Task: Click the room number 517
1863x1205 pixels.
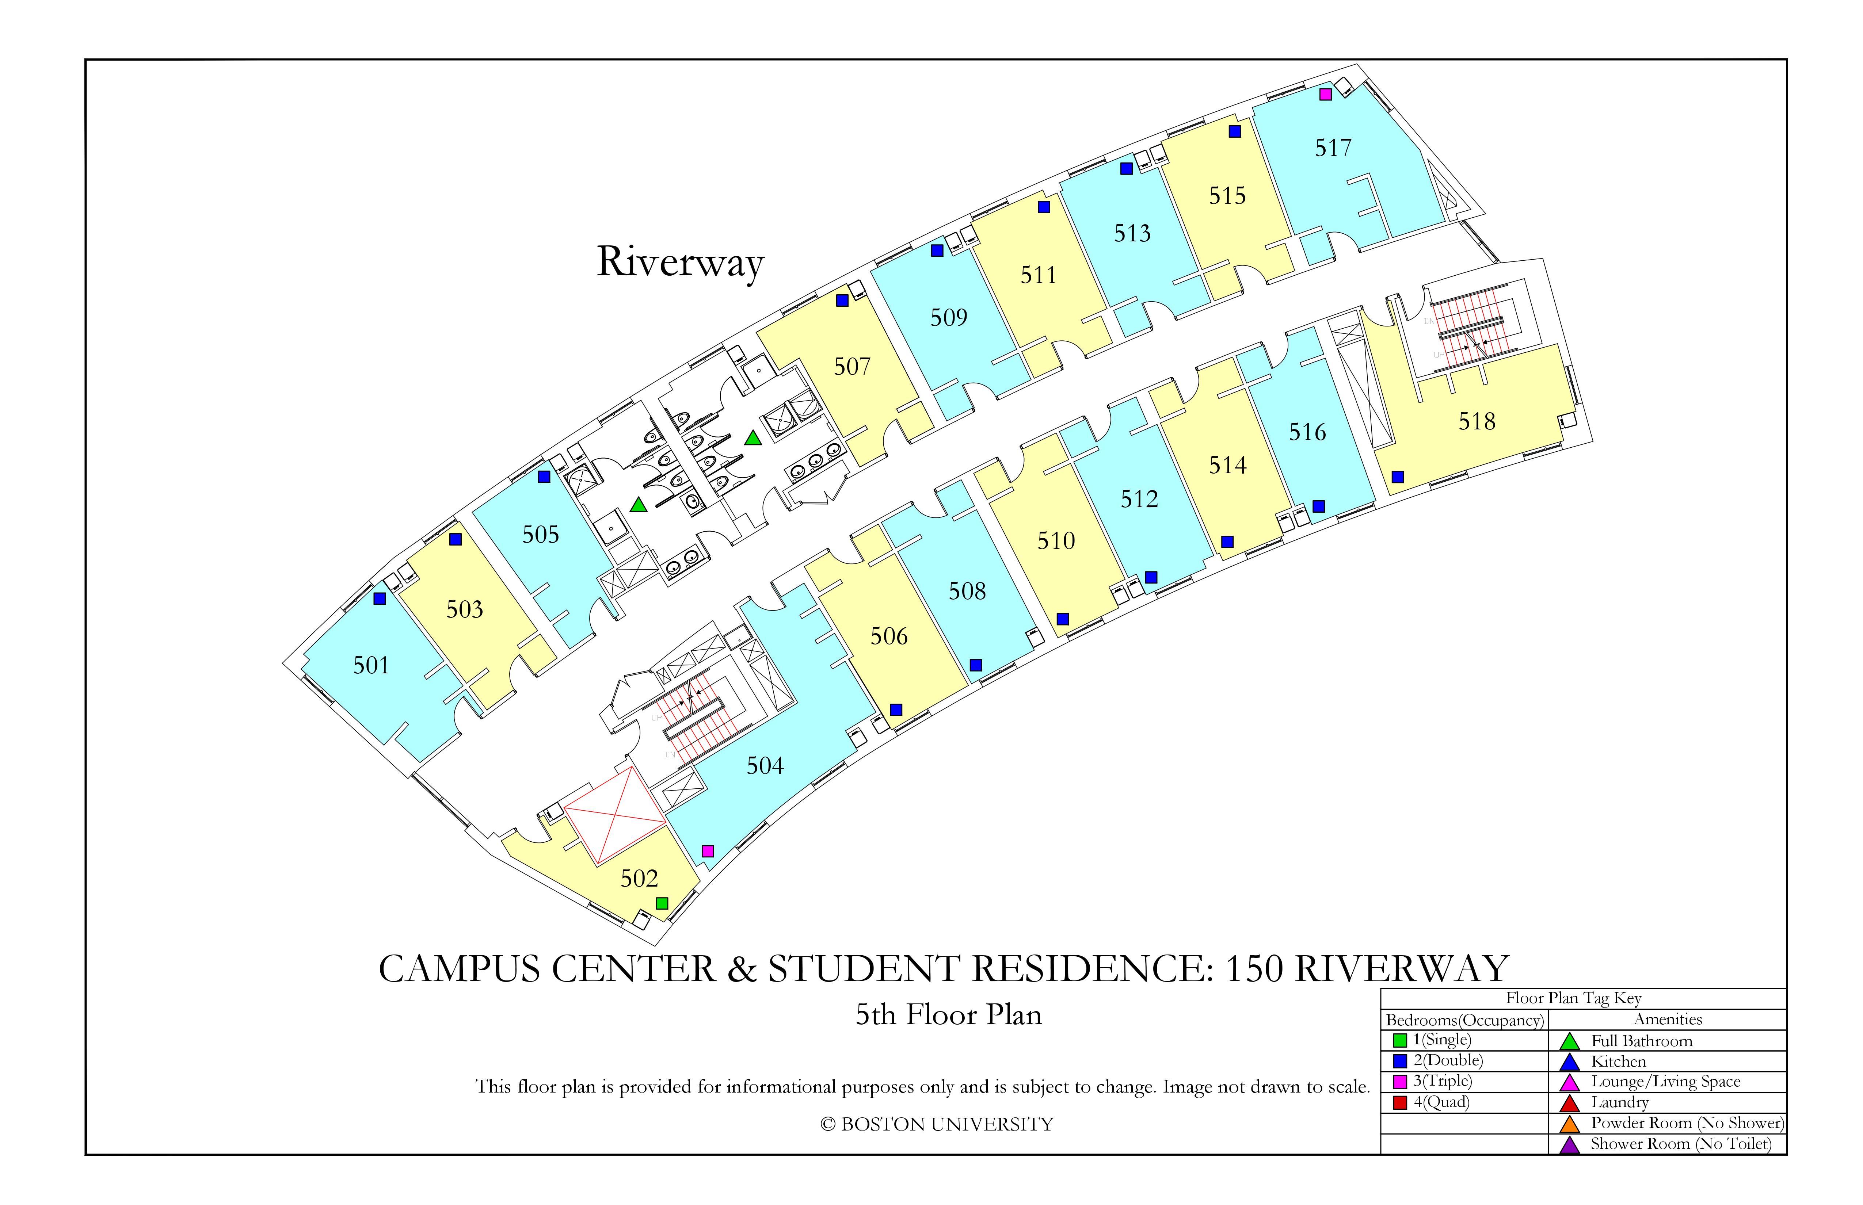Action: tap(1333, 148)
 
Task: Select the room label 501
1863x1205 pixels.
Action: tap(371, 665)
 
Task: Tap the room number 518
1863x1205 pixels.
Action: tap(1477, 422)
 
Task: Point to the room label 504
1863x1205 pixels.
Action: tap(765, 765)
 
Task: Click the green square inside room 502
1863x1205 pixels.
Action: tap(662, 903)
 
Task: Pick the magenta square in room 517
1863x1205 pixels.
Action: tap(1325, 94)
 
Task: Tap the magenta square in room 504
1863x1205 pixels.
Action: tap(708, 850)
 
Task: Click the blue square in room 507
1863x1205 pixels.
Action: tap(842, 301)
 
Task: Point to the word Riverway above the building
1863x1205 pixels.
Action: tap(680, 262)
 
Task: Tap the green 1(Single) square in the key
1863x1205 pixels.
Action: tap(1401, 1041)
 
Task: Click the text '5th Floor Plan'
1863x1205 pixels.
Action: tap(949, 1015)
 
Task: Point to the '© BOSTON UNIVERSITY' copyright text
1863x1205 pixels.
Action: tap(937, 1124)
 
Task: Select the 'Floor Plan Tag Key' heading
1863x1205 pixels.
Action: tap(1573, 998)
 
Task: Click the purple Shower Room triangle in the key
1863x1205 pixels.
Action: tap(1569, 1145)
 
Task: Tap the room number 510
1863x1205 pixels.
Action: tap(1056, 541)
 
